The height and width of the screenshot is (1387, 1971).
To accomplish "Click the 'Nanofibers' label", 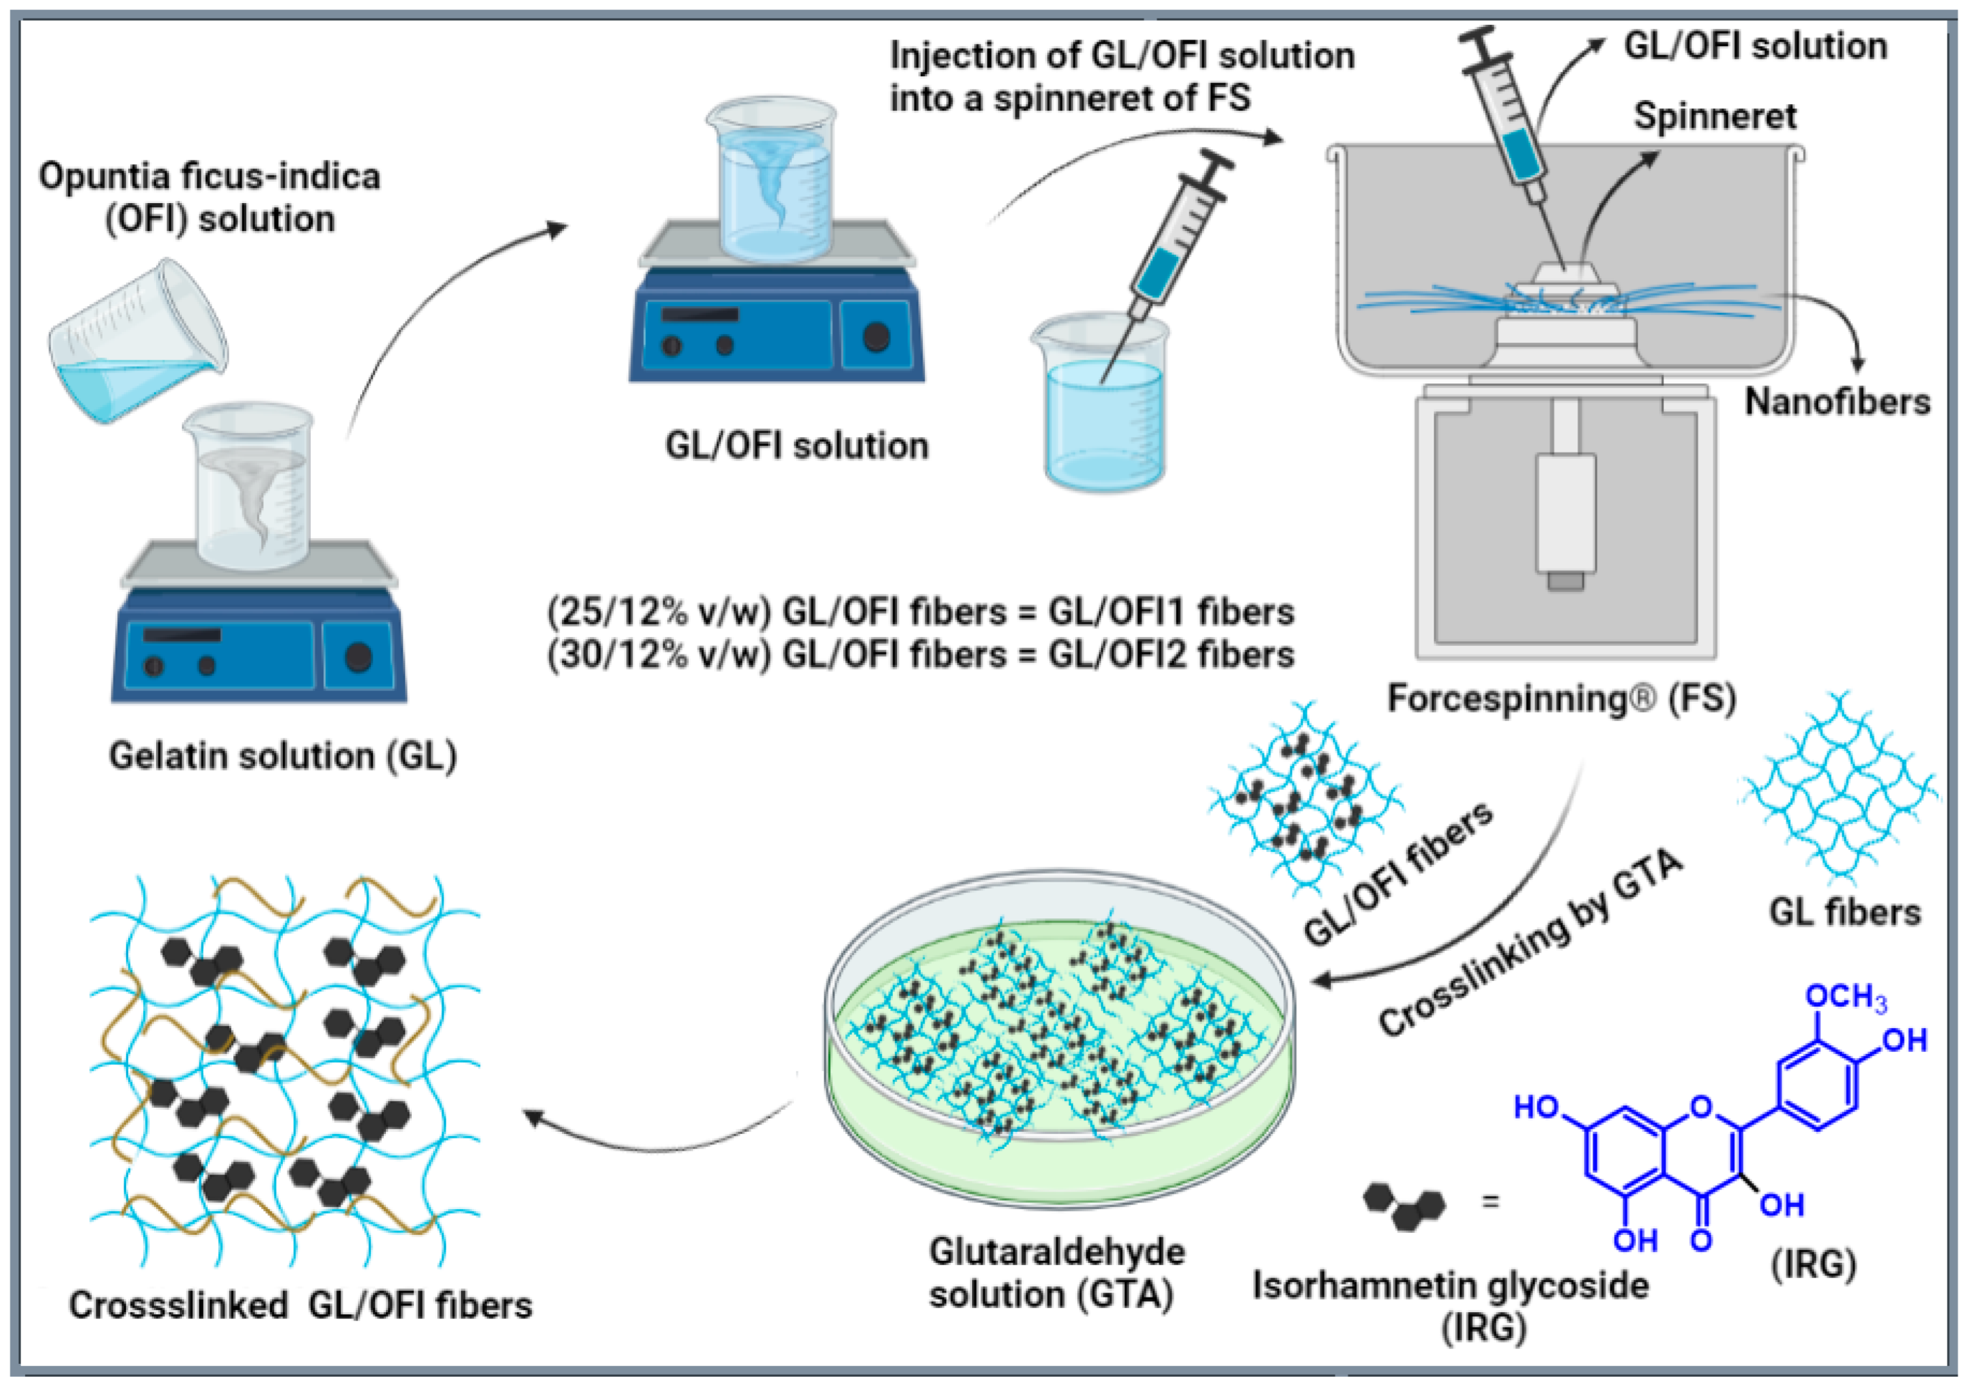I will tap(1837, 402).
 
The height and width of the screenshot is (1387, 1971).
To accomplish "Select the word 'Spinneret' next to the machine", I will tap(1714, 116).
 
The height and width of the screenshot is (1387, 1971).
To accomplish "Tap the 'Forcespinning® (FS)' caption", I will tap(1561, 698).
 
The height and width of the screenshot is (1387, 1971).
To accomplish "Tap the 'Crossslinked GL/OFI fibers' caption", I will tap(300, 1305).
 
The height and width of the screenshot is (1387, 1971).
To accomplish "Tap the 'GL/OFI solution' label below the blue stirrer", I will tap(796, 446).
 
